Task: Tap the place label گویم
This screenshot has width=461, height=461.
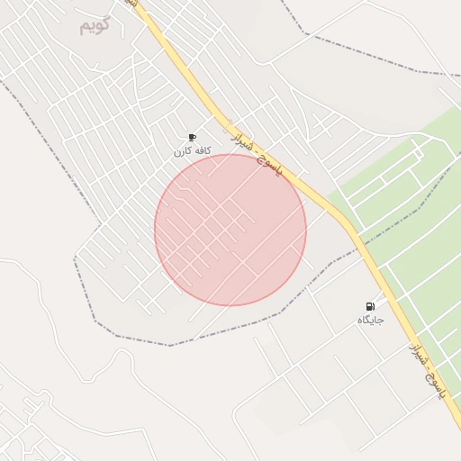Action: click(94, 25)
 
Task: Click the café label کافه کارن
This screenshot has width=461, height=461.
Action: click(192, 151)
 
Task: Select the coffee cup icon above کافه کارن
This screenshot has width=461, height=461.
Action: click(192, 137)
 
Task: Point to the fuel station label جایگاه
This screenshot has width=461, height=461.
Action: click(370, 321)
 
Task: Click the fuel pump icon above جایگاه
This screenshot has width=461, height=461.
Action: click(370, 306)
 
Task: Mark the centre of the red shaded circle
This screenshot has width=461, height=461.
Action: click(230, 230)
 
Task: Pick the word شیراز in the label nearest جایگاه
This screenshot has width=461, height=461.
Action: click(417, 352)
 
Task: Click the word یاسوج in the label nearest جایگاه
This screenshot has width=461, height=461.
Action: click(437, 387)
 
